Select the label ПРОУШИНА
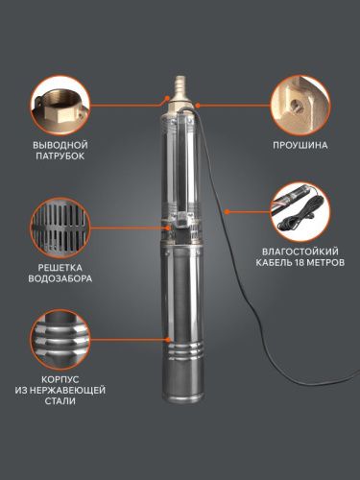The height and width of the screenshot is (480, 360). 300,148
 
